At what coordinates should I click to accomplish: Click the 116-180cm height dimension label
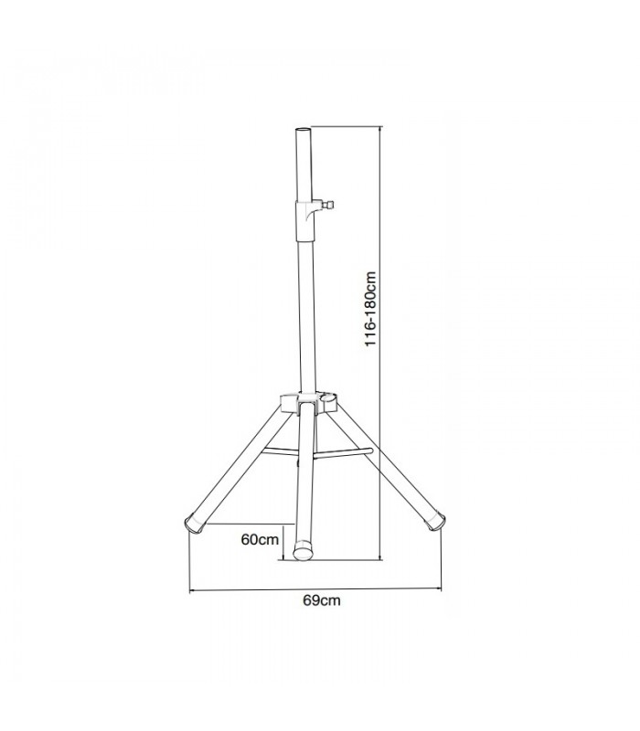[370, 308]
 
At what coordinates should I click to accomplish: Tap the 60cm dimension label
[260, 539]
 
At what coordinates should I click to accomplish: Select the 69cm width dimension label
[322, 600]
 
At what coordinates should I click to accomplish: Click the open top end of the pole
[303, 130]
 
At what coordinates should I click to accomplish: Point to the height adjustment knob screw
[327, 205]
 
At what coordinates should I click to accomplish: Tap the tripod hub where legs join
[308, 402]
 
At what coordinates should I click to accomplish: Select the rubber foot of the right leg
[435, 520]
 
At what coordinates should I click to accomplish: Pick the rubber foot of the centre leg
[304, 551]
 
